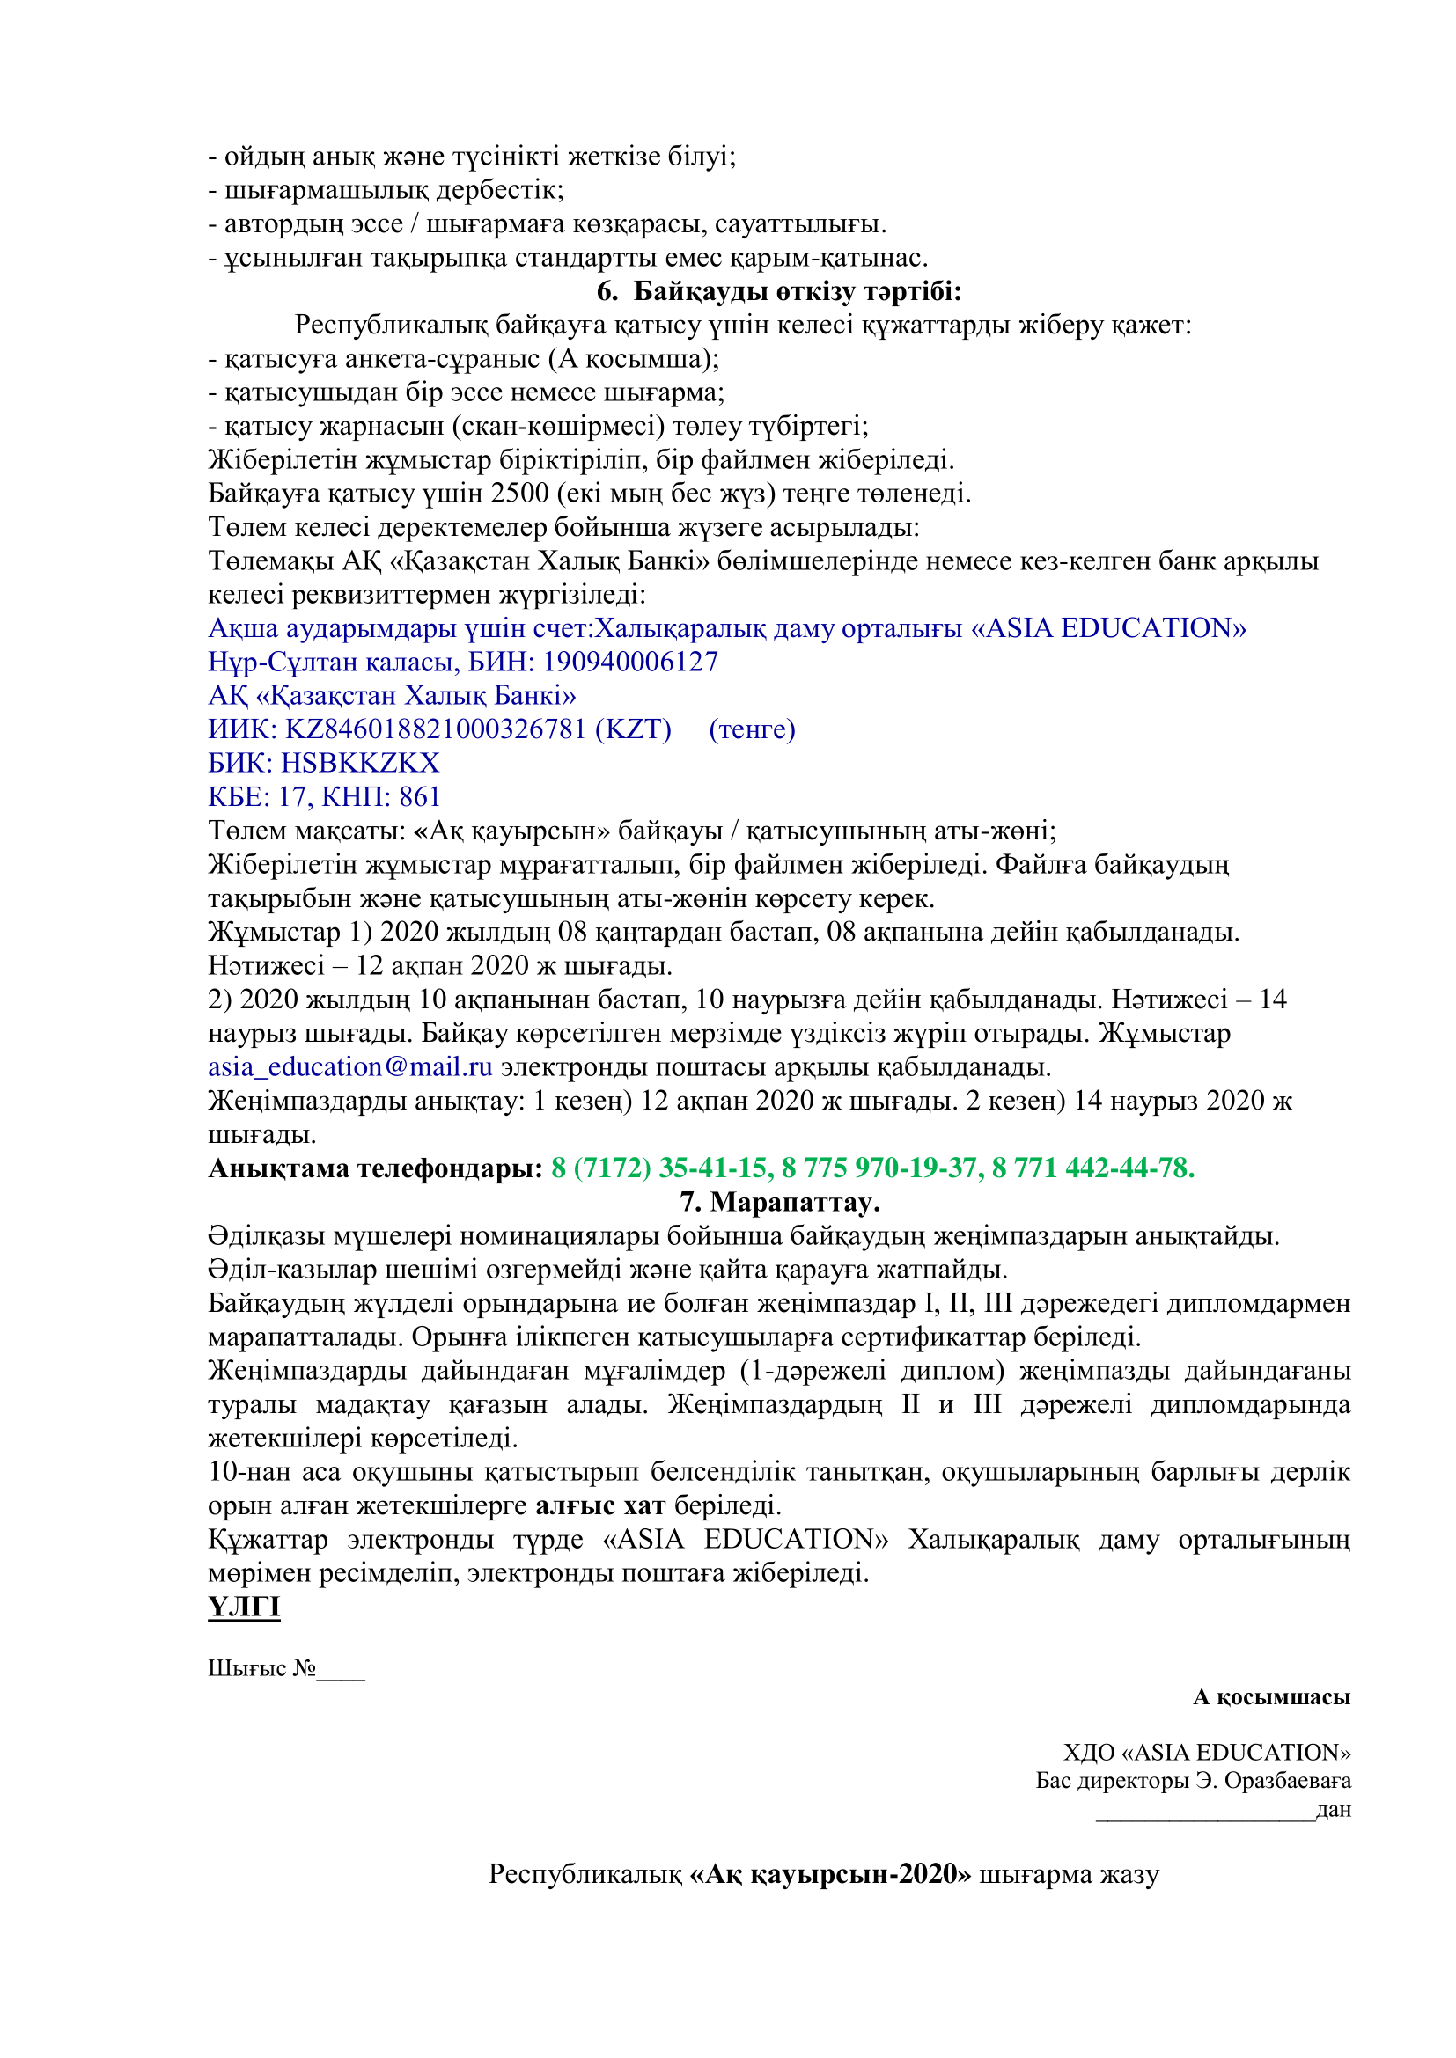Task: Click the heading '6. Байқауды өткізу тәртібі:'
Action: tap(778, 291)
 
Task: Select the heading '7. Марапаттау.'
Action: tap(779, 1202)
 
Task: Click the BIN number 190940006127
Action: tap(630, 662)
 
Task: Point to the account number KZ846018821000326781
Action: tap(435, 729)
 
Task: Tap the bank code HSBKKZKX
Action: tap(360, 763)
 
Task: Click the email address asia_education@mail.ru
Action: tap(350, 1066)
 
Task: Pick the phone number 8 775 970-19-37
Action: tap(881, 1168)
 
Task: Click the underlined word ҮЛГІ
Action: tap(244, 1607)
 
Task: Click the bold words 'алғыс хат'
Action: tap(599, 1505)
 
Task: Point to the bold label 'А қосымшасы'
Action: tap(1271, 1696)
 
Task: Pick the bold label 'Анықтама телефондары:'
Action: tap(376, 1168)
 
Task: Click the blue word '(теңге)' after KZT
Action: tap(751, 729)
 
